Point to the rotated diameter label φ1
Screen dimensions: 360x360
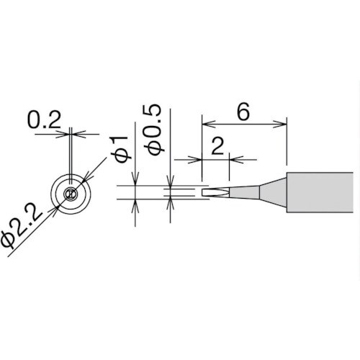(x=122, y=147)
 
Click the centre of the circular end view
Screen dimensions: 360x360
(x=70, y=193)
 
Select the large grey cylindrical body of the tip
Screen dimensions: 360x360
(x=320, y=193)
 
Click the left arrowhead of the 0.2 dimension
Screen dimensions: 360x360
(x=66, y=132)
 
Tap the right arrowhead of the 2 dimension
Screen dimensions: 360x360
(x=233, y=158)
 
